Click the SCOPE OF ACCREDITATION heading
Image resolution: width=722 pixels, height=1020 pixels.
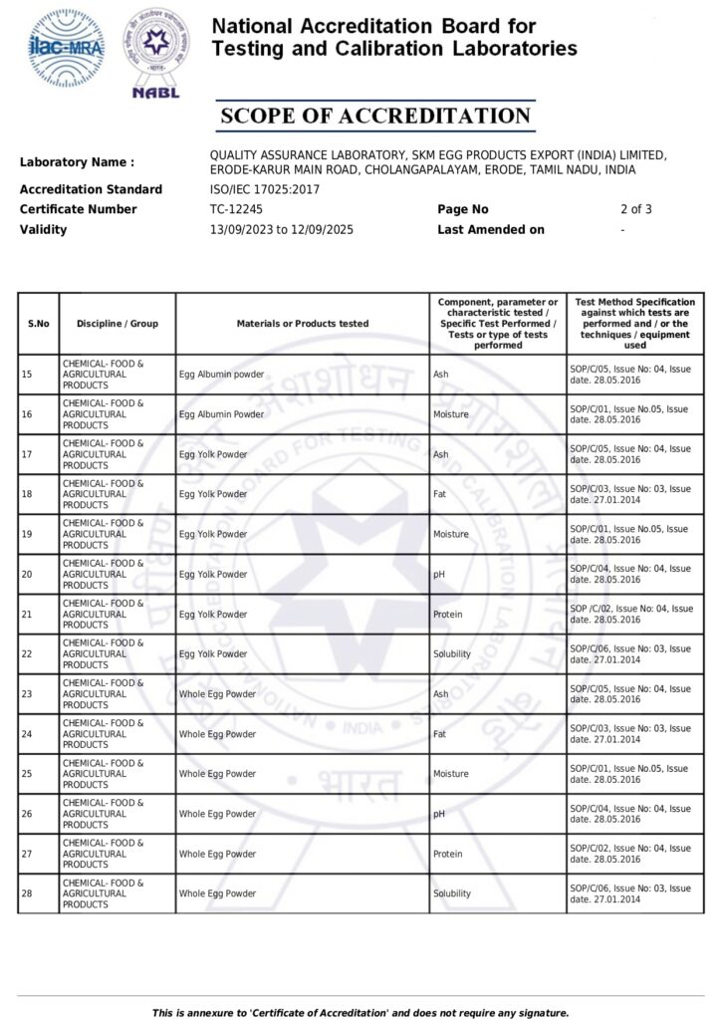click(375, 117)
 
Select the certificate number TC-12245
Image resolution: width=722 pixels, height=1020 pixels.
click(236, 209)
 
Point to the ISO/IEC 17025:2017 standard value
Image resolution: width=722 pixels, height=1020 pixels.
click(265, 189)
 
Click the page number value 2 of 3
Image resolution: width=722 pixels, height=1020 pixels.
click(635, 209)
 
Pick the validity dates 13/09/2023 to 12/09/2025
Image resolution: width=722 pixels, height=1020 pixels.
click(281, 229)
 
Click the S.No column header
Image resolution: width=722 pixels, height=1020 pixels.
click(39, 324)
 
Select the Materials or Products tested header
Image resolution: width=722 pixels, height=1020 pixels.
click(303, 324)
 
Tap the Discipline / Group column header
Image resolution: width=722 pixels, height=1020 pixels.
click(118, 324)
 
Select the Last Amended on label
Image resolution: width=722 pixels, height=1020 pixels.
click(491, 229)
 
